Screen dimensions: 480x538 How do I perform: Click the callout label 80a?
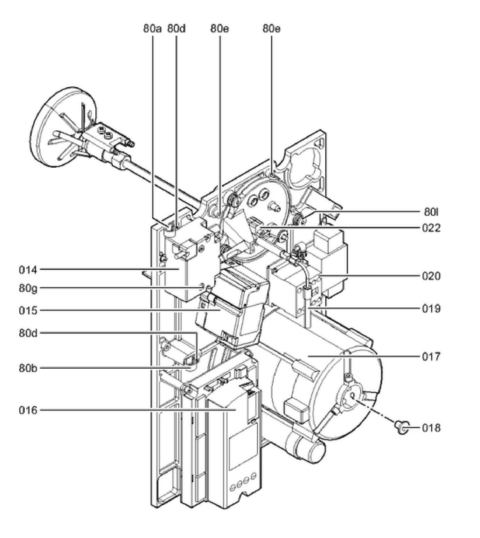pos(152,29)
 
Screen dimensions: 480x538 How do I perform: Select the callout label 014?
pos(28,270)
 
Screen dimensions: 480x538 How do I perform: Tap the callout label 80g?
pos(28,288)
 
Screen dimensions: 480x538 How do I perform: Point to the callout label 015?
pos(28,310)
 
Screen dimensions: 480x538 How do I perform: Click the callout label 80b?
pos(28,368)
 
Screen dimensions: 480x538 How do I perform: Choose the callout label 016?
pos(28,410)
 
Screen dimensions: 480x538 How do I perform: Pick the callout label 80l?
pos(431,212)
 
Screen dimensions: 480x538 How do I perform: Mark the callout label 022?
pos(431,228)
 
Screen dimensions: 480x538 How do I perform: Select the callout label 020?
pos(431,276)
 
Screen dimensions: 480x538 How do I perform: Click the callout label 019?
pos(431,309)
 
